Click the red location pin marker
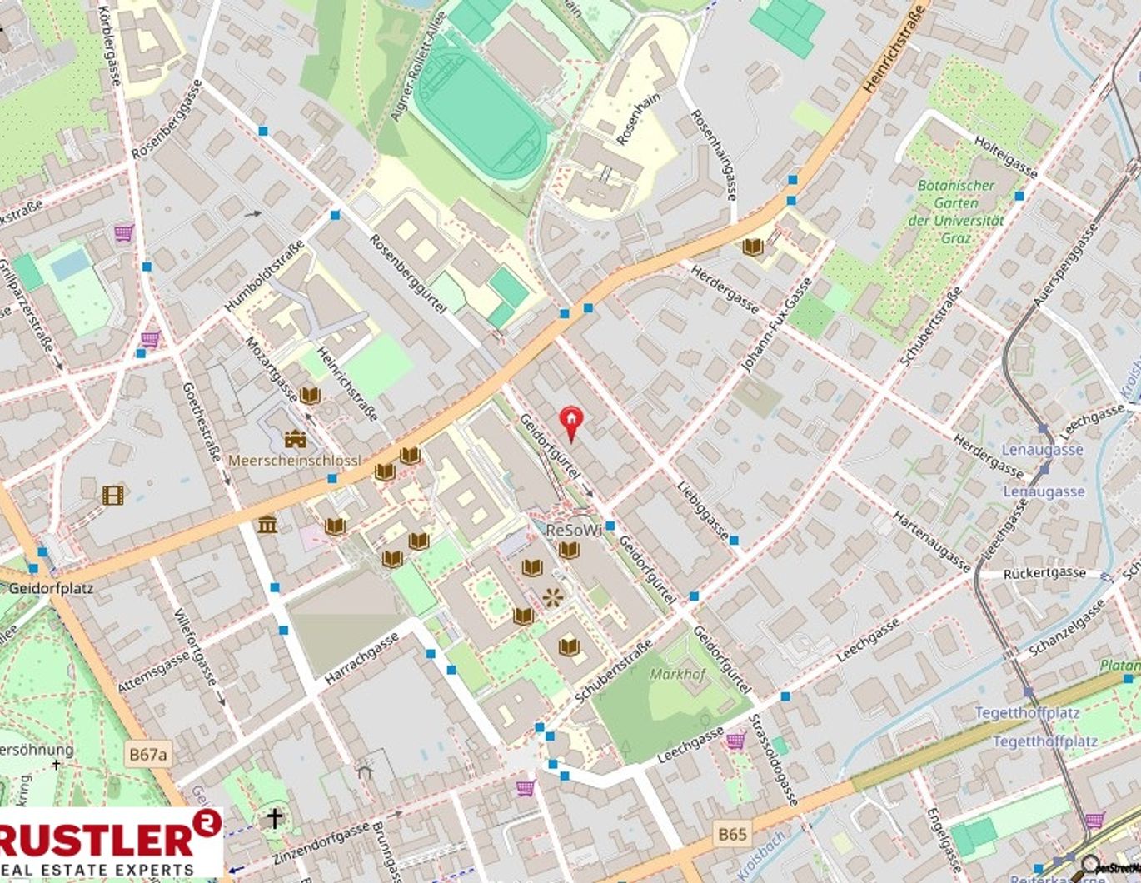click(571, 420)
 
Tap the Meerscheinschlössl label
click(294, 461)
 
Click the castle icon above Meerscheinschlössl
click(294, 439)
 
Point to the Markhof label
click(677, 674)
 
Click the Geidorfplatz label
click(51, 588)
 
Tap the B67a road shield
click(148, 756)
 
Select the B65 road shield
click(732, 833)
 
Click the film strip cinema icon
click(112, 495)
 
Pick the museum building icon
click(267, 525)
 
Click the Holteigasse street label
click(1006, 157)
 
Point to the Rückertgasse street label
click(1044, 574)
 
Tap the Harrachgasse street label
click(361, 659)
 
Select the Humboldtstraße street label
click(264, 277)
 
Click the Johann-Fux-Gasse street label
click(776, 325)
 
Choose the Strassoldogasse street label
click(774, 760)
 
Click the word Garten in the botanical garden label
click(955, 202)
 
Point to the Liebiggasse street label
click(703, 511)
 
